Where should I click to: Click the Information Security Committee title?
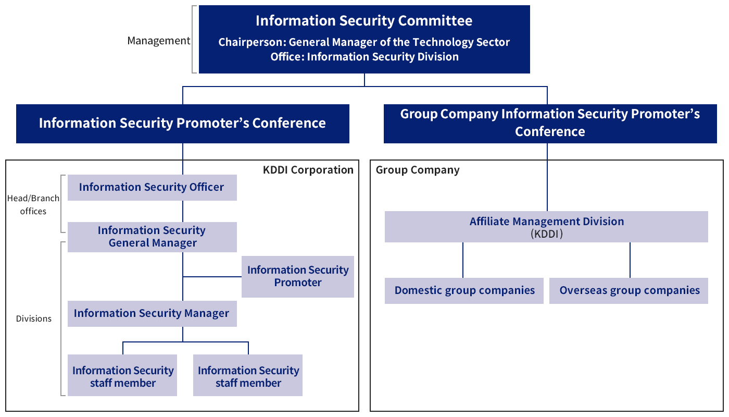tap(364, 21)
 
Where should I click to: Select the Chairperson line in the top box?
tap(364, 42)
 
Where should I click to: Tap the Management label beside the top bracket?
tap(159, 41)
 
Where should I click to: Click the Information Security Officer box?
tap(152, 188)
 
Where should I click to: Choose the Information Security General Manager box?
tap(152, 237)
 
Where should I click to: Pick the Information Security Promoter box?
tap(298, 276)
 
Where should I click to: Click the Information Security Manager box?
tap(152, 313)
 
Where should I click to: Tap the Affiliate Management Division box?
tap(546, 226)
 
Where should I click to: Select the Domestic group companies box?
tap(464, 290)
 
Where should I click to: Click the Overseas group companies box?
tap(629, 290)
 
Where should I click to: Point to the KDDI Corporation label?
tap(308, 170)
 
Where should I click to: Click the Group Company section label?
tap(418, 170)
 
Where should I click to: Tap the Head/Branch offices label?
tap(33, 204)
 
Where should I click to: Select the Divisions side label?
tap(34, 318)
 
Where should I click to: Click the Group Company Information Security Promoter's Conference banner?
tap(550, 123)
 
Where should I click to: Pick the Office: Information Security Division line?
tap(364, 57)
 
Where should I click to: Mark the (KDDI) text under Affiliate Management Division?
tap(546, 235)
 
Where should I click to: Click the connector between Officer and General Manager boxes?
tap(183, 211)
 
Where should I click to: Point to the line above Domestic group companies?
tap(463, 260)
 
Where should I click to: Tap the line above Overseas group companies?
tap(630, 260)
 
